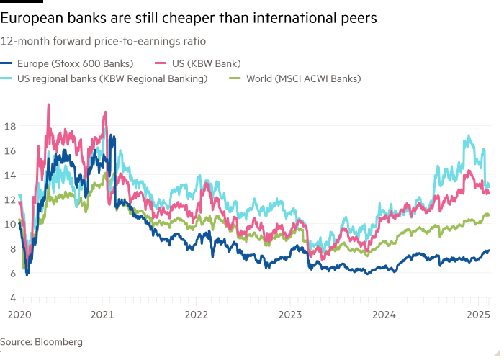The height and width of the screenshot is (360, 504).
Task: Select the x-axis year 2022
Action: click(x=197, y=314)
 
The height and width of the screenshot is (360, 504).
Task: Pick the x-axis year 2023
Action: click(x=290, y=314)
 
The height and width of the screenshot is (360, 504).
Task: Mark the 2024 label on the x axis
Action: click(x=384, y=314)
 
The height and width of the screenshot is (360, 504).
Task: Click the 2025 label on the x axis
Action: click(x=477, y=314)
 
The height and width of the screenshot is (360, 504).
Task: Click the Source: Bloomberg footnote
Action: click(x=41, y=342)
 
